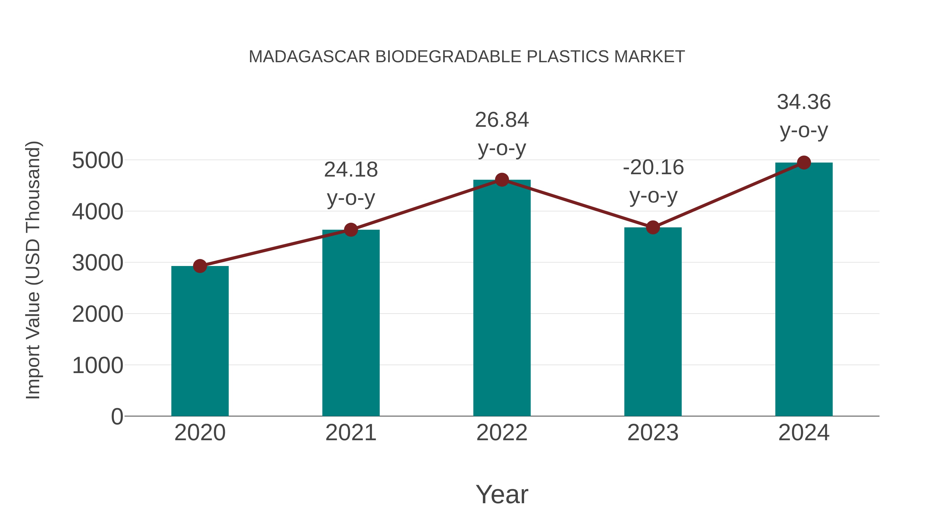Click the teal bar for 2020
coord(200,341)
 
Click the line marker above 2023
coord(653,228)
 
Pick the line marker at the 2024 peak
coord(804,163)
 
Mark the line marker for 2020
coord(200,266)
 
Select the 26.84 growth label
coord(502,120)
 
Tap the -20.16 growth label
coord(653,167)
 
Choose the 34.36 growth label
coord(804,102)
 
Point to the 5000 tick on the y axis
coord(98,160)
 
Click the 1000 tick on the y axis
coord(98,365)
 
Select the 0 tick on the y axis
coord(117,417)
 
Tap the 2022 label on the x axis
coord(502,433)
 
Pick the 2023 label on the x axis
coord(653,433)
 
